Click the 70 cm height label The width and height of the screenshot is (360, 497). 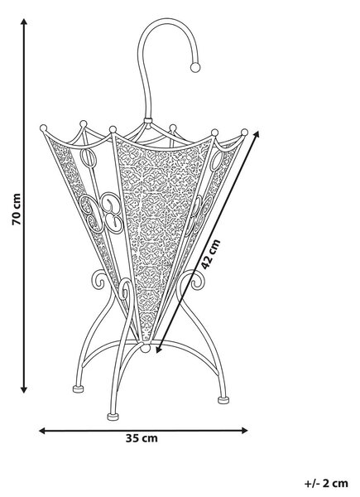(17, 210)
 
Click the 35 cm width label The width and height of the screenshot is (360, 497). (142, 439)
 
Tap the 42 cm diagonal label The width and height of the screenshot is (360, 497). (210, 254)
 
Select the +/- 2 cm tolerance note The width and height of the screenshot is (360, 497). (326, 484)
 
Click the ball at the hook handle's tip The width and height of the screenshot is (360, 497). (195, 67)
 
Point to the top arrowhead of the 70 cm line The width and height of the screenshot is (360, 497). (24, 22)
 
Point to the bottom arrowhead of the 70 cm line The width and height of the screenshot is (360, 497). (24, 390)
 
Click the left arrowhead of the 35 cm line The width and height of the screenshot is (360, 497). (42, 431)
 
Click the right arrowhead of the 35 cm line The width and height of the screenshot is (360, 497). (244, 431)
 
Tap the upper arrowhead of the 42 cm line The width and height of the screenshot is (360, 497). (257, 134)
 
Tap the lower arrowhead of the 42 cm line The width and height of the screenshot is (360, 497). (159, 350)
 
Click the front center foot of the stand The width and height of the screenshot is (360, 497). (113, 417)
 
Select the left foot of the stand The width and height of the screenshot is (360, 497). (78, 388)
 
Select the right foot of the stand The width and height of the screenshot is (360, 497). (223, 400)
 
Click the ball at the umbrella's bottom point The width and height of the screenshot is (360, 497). (146, 348)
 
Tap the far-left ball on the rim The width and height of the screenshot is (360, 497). (43, 128)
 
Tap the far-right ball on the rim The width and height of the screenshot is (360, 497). (244, 133)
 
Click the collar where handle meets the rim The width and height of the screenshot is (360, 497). (147, 120)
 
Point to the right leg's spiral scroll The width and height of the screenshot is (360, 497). (196, 281)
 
